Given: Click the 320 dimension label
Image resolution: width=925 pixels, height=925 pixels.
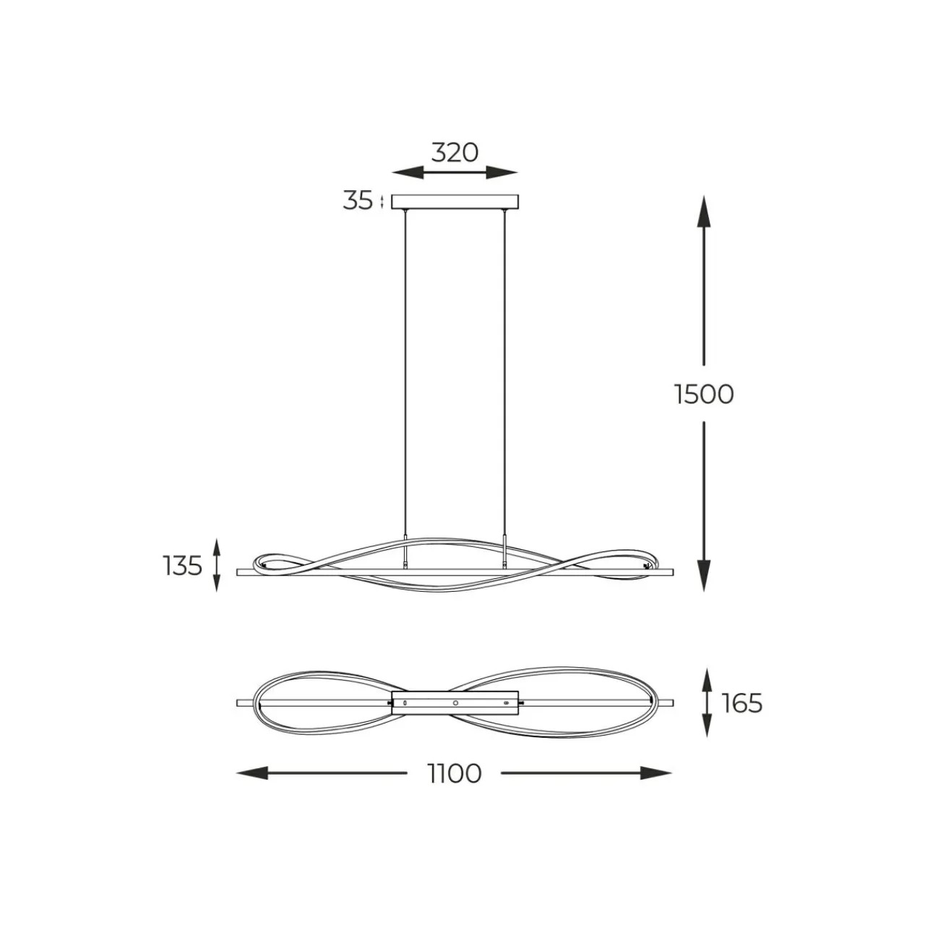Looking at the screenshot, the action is click(x=454, y=153).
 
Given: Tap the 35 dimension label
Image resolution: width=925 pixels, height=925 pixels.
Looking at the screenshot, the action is click(x=358, y=201).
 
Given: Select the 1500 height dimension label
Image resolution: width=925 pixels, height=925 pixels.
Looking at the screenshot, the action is click(x=704, y=395).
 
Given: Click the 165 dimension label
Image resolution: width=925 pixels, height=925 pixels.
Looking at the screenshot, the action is click(x=742, y=704).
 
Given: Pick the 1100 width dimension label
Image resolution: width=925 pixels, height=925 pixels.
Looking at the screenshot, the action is click(x=454, y=773).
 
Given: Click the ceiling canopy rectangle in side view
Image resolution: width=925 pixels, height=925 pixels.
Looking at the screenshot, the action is click(x=455, y=202).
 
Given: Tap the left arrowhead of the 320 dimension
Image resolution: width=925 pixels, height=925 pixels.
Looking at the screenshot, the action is click(x=408, y=172).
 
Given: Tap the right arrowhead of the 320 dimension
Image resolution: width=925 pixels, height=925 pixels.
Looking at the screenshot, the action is click(x=502, y=172).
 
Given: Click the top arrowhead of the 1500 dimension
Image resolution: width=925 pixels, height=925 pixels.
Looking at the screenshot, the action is click(x=704, y=212).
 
